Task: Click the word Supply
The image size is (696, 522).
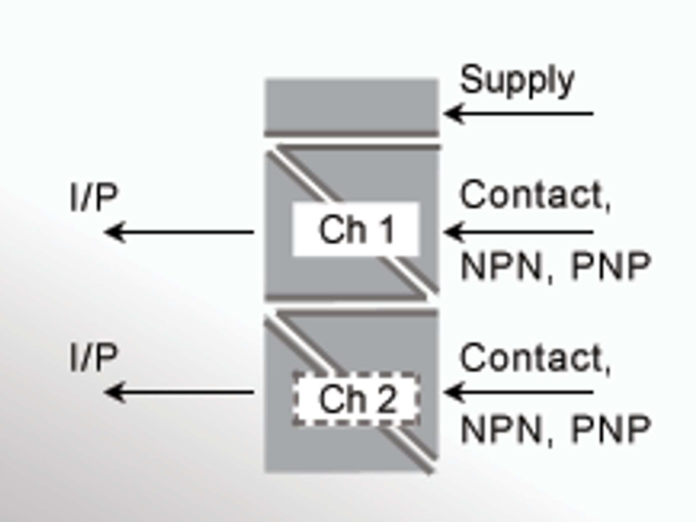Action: [x=517, y=80]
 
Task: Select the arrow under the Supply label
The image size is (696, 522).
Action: [x=518, y=114]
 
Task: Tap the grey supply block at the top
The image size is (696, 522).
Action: [x=352, y=105]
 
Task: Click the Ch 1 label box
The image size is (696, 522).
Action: [x=356, y=229]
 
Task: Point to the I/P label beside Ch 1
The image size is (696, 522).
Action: [x=94, y=197]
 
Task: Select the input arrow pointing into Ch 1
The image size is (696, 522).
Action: [x=518, y=232]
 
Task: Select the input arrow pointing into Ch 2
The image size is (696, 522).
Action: [x=518, y=392]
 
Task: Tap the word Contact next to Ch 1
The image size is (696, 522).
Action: [x=531, y=195]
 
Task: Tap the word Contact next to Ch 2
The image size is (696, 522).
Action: [x=531, y=358]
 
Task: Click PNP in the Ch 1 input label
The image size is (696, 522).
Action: [x=611, y=266]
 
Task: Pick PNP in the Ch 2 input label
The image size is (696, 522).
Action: [x=611, y=430]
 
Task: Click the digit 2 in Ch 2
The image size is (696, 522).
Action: [x=387, y=399]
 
